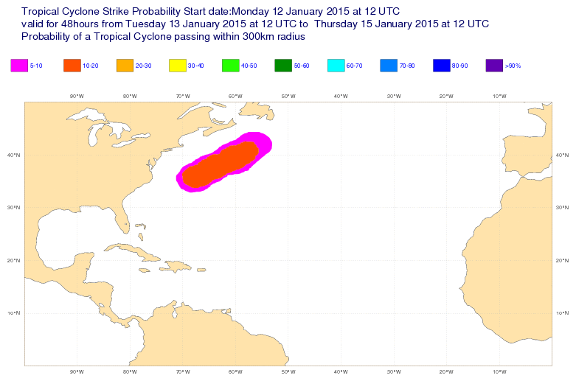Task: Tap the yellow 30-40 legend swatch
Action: coord(178,66)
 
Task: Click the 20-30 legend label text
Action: coord(144,66)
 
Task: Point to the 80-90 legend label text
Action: coord(460,66)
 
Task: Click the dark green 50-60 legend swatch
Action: coord(283,66)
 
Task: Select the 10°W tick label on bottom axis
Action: coord(499,371)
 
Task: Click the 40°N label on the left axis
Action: coord(13,155)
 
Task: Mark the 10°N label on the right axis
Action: coord(563,313)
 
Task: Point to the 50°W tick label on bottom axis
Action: coord(288,371)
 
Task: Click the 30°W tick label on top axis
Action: coord(393,96)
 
